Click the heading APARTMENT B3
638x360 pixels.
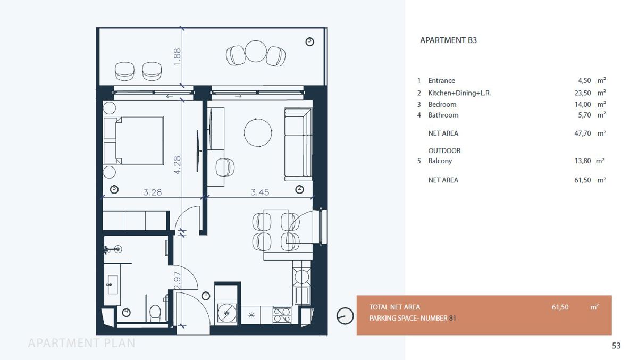coord(448,40)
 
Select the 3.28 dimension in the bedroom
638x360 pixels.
coord(153,192)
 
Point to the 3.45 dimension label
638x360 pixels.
coord(260,192)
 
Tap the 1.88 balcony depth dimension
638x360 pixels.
coord(177,57)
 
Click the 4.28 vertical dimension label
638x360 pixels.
coord(177,165)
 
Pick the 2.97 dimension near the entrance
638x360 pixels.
coord(177,280)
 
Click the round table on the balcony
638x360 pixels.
coord(256,51)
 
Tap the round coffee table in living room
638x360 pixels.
coord(258,133)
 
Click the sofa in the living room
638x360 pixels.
coord(298,145)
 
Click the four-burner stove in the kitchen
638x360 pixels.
coord(282,315)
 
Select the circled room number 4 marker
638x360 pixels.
coord(126,313)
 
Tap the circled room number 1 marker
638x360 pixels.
coord(206,296)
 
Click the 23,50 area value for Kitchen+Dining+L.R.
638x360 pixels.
coord(583,93)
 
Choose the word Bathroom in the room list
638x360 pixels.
coord(443,115)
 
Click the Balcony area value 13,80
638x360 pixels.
coord(583,161)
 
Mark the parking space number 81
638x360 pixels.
coord(452,318)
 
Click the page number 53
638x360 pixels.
coord(616,346)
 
